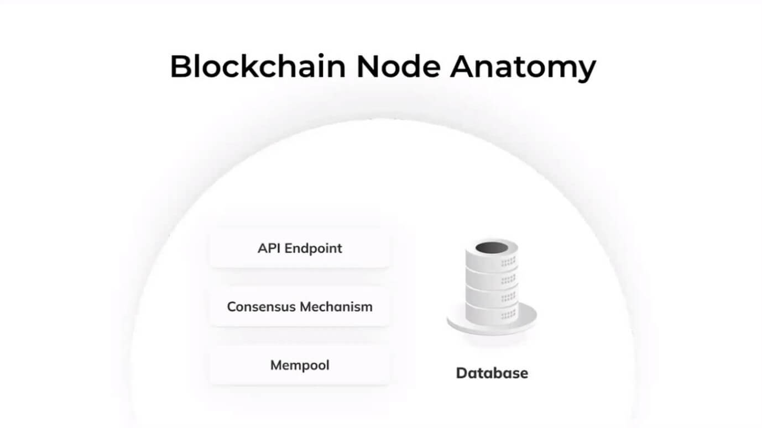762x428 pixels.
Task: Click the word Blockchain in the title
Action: point(258,66)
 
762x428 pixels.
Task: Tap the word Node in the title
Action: point(398,66)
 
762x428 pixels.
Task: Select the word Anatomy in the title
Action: point(523,68)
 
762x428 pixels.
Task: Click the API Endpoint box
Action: point(300,249)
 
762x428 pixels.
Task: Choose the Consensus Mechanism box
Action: point(300,307)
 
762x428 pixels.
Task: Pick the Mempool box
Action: point(300,366)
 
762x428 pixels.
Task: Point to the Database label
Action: point(492,373)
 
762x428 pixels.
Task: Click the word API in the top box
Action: point(269,249)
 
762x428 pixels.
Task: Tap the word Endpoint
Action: point(314,249)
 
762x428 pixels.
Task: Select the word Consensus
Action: point(262,307)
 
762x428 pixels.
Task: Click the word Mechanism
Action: point(336,307)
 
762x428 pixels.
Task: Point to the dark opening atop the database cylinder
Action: point(492,247)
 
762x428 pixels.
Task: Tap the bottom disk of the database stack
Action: point(492,313)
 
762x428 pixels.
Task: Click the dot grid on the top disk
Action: point(509,262)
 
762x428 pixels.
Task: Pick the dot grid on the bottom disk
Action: point(509,315)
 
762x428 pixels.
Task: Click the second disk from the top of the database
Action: point(492,278)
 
